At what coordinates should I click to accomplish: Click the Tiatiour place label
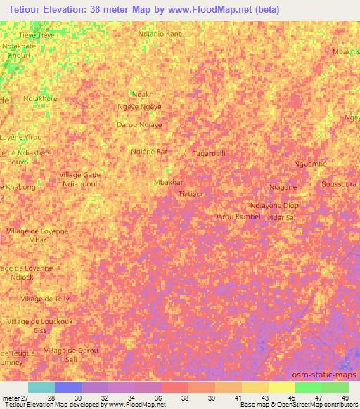click(191, 193)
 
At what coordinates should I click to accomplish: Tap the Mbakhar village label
click(168, 182)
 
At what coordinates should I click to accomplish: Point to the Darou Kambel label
click(236, 216)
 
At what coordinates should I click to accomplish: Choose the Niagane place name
click(283, 187)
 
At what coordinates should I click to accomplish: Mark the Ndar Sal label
click(282, 217)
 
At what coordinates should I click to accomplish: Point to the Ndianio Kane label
click(161, 33)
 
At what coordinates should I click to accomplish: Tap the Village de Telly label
click(46, 299)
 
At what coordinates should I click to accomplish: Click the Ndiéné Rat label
click(149, 151)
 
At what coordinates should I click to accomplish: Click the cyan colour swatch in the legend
click(41, 387)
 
